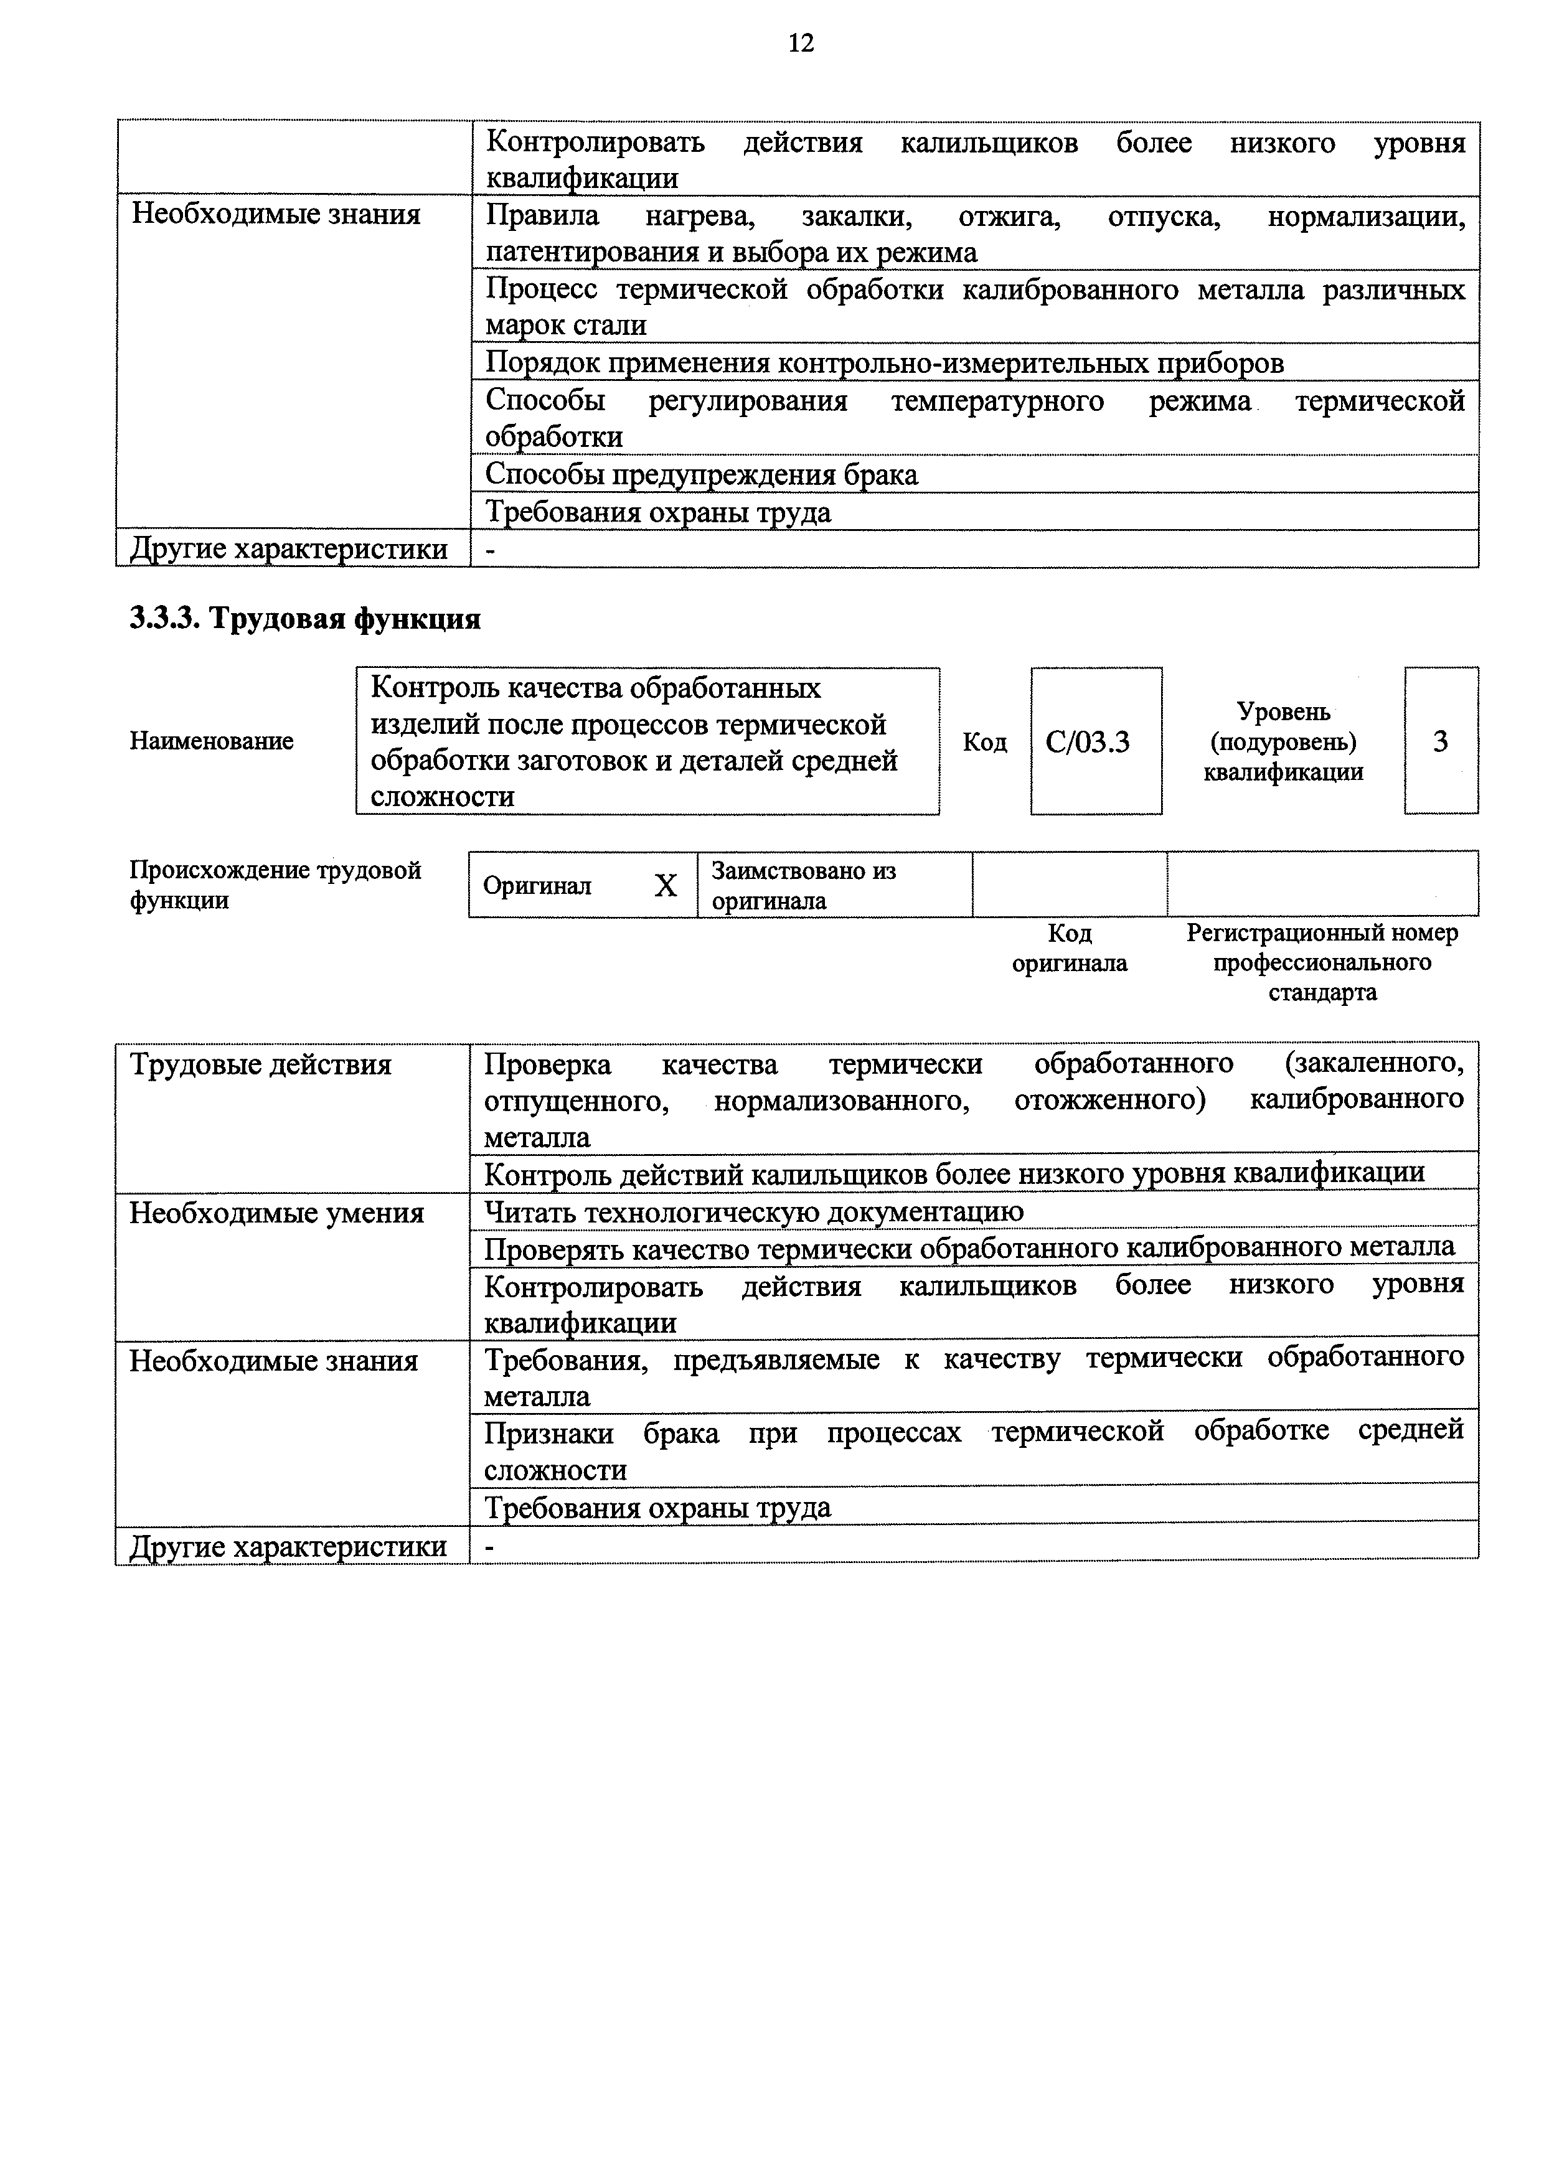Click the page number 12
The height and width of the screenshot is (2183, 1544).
click(x=801, y=43)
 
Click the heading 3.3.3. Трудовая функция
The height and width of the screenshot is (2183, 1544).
click(x=305, y=619)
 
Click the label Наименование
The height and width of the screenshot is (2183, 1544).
click(x=211, y=741)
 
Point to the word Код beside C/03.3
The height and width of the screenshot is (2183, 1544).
click(x=984, y=741)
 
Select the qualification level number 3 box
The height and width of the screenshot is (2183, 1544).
click(x=1441, y=741)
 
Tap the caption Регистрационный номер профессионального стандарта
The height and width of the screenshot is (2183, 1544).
click(x=1322, y=962)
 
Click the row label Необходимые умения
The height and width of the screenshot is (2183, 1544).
click(x=276, y=1213)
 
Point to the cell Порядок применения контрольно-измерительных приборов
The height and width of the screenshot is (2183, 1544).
click(x=884, y=362)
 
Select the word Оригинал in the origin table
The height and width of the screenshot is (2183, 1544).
click(x=537, y=886)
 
